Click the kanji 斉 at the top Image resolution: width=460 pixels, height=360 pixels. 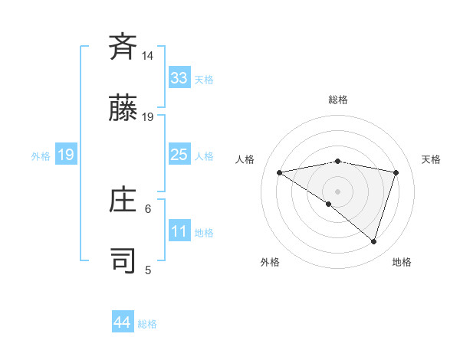(123, 47)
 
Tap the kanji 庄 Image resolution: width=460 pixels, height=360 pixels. (123, 200)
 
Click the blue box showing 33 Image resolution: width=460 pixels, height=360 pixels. (179, 78)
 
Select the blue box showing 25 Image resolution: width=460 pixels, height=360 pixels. (179, 155)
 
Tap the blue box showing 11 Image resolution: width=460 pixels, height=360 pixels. (179, 232)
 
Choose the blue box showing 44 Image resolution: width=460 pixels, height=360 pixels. (123, 322)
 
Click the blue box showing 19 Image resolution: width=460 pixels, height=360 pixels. (66, 155)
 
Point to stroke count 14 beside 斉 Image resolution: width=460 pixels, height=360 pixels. (148, 57)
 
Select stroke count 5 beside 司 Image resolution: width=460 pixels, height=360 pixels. (148, 270)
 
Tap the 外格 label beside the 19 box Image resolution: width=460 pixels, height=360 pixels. (41, 156)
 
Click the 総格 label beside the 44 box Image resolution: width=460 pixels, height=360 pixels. (147, 324)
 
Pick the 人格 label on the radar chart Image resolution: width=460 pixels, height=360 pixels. (246, 159)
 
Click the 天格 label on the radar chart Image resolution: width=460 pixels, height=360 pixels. (432, 159)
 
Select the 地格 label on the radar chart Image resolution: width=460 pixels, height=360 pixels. (402, 262)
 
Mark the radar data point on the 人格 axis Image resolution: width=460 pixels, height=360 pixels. (280, 172)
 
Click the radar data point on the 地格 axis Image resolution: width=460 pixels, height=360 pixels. (373, 241)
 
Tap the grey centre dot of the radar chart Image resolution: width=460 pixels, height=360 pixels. (337, 191)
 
